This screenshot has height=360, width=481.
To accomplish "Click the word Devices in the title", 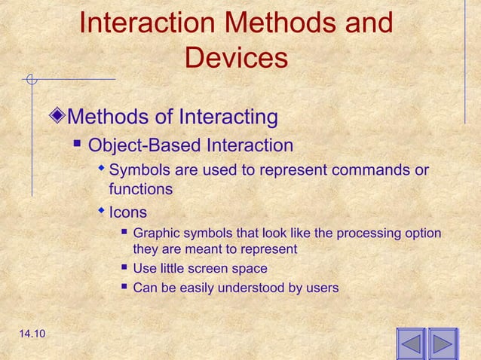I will coord(236,58).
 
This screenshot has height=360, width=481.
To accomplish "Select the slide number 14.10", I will coord(28,343).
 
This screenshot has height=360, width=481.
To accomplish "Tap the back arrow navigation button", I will coord(411,345).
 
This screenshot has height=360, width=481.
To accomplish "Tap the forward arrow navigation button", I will coord(443,345).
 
